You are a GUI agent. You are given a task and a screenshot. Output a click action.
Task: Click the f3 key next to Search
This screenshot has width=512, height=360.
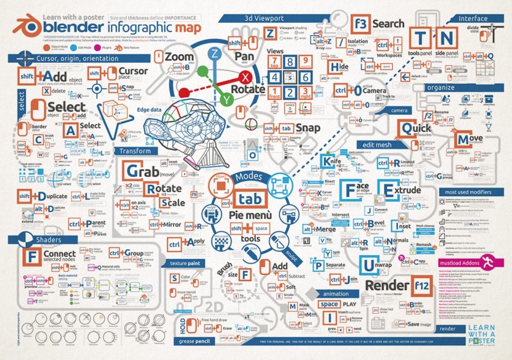click(x=361, y=25)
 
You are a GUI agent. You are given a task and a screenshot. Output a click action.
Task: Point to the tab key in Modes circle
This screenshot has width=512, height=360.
click(x=249, y=199)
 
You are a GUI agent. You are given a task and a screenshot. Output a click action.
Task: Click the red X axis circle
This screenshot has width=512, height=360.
click(x=247, y=77)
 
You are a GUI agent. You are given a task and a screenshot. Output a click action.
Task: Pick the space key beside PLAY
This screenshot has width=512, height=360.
click(x=329, y=304)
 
